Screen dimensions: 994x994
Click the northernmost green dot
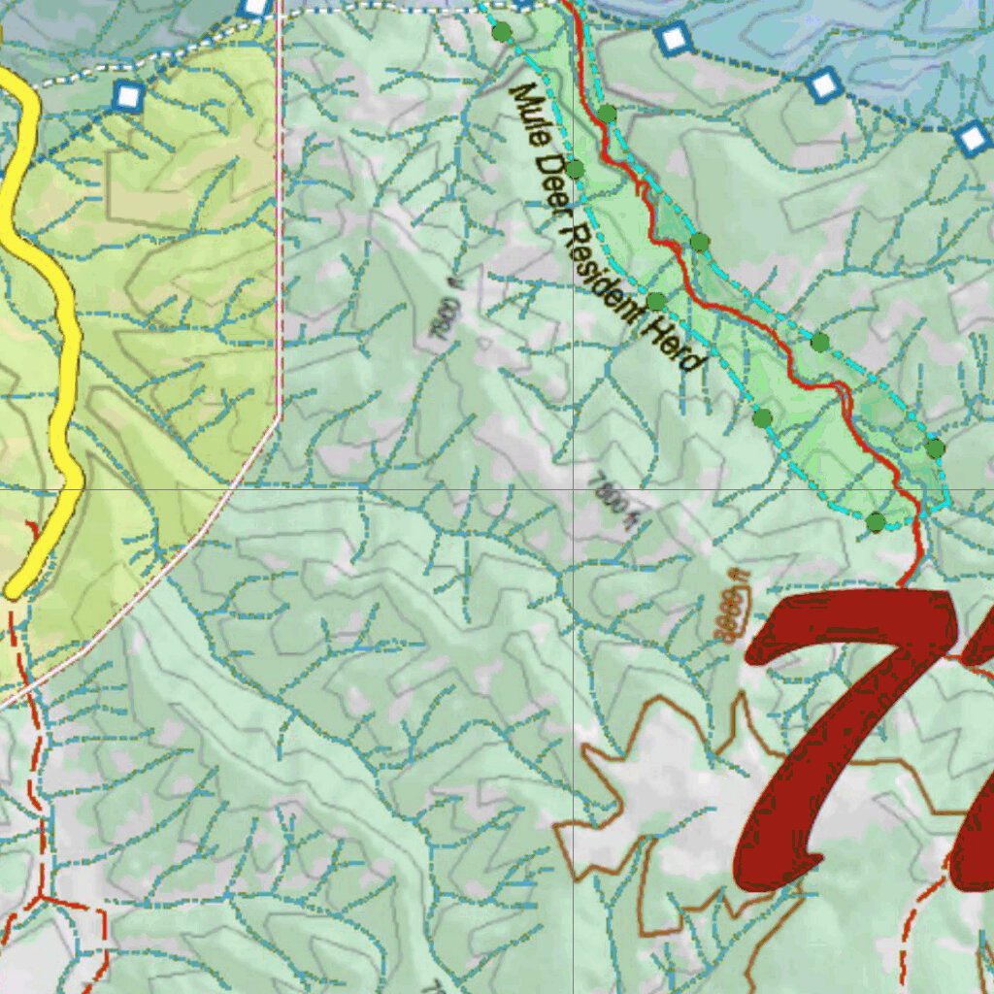[x=502, y=32]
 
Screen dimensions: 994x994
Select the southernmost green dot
[x=877, y=522]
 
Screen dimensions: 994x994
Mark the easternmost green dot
[x=935, y=447]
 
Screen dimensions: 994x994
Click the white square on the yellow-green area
[x=128, y=96]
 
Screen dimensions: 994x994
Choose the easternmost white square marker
[x=973, y=139]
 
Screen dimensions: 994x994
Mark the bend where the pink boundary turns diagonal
[x=280, y=415]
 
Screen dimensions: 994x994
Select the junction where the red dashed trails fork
[x=44, y=898]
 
